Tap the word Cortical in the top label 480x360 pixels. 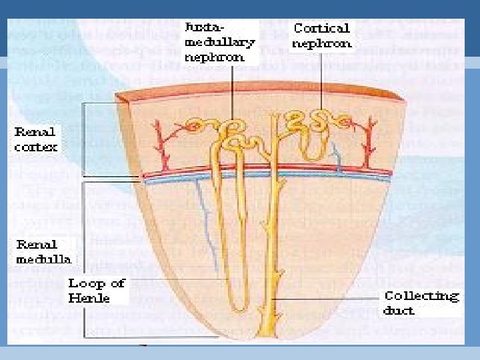point(321,28)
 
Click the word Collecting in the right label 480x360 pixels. point(421,295)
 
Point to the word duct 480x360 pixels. point(399,310)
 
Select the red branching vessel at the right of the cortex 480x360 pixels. point(365,140)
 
